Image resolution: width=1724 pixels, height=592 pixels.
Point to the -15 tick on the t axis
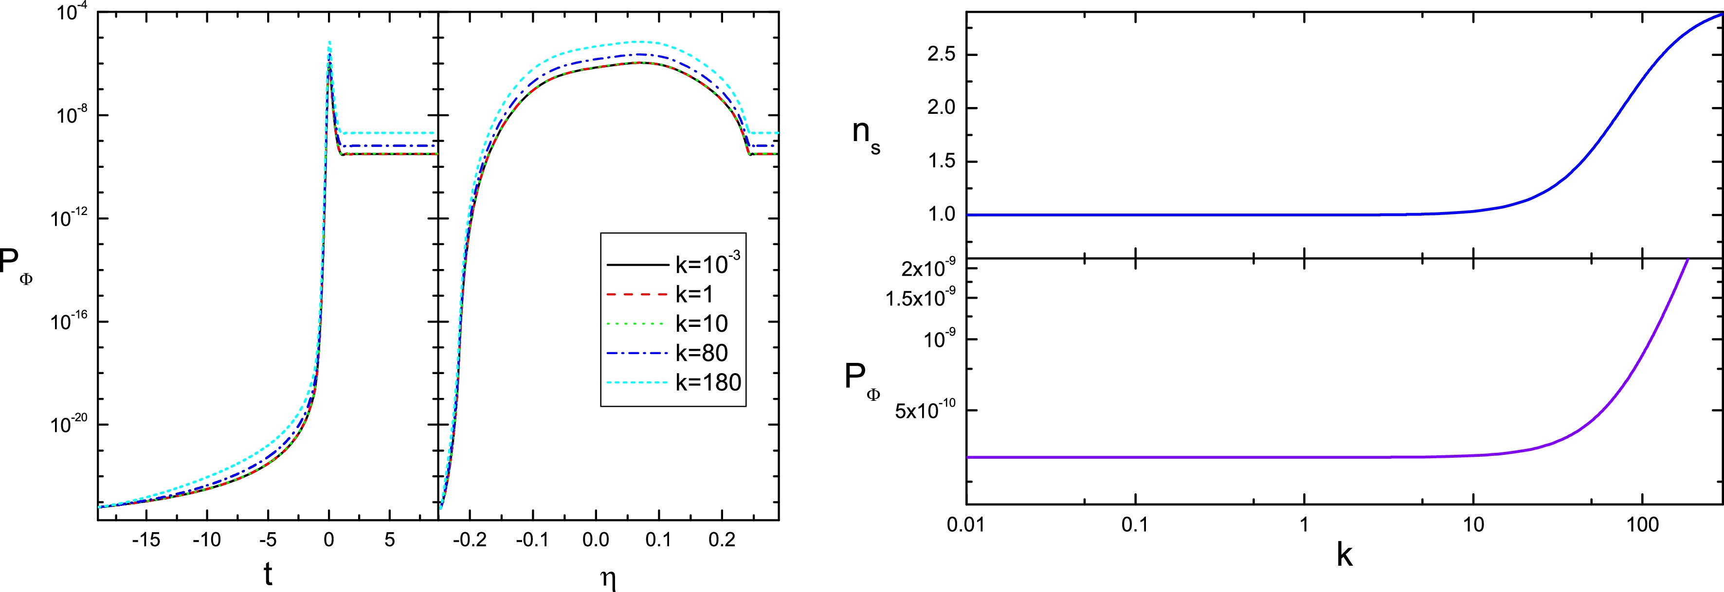[x=145, y=540]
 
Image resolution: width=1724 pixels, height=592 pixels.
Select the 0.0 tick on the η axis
[x=596, y=540]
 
